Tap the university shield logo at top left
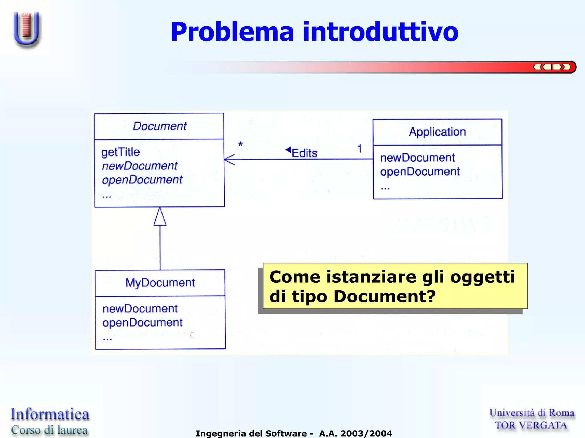point(27,29)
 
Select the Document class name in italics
point(160,126)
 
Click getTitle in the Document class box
point(121,152)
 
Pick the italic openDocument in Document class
point(142,180)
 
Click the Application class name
point(437,132)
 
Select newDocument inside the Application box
point(417,158)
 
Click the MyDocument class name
point(160,283)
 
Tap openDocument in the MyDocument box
point(142,323)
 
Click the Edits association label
point(304,153)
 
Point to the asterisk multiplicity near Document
point(241,144)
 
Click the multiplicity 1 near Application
point(360,148)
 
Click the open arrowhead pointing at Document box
point(229,160)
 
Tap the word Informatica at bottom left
point(50,414)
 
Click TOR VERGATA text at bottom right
point(531,425)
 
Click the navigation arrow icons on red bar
point(552,67)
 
